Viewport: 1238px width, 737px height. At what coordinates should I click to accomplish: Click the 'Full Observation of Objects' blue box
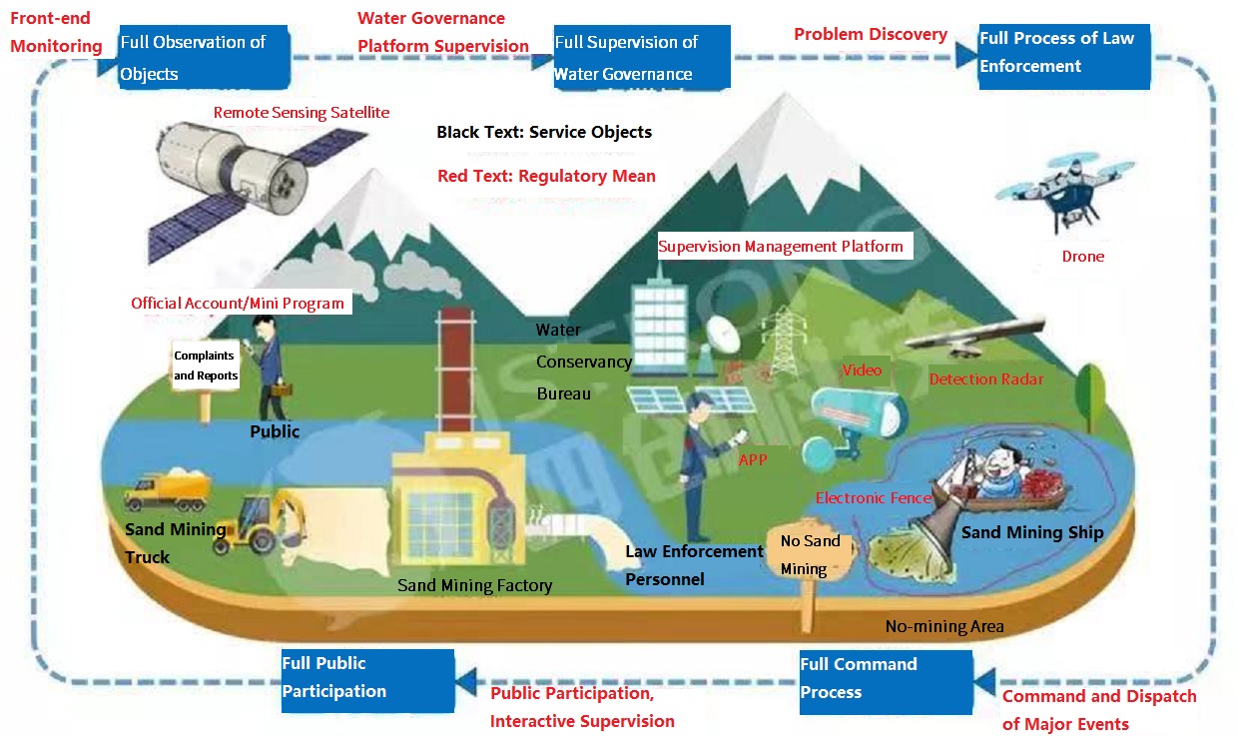205,58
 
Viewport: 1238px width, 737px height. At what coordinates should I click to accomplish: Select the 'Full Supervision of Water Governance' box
642,58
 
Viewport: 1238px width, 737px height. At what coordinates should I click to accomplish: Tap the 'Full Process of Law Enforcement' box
1063,56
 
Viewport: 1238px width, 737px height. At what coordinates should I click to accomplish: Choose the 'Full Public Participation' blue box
367,680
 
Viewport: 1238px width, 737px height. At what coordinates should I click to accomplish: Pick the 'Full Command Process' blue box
886,681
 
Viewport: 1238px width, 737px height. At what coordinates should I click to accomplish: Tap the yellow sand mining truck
167,492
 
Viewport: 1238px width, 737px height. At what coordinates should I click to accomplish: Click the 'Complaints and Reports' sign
206,366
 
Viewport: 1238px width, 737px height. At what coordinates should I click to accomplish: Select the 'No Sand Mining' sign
810,555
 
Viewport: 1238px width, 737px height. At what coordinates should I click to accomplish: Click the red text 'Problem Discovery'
871,35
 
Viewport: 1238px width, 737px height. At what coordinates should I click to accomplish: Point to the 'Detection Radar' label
985,379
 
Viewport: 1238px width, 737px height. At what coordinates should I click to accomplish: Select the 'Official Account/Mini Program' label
238,304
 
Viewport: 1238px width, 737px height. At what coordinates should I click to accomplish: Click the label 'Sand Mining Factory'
474,586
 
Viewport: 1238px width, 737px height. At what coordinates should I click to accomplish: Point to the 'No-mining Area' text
943,627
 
